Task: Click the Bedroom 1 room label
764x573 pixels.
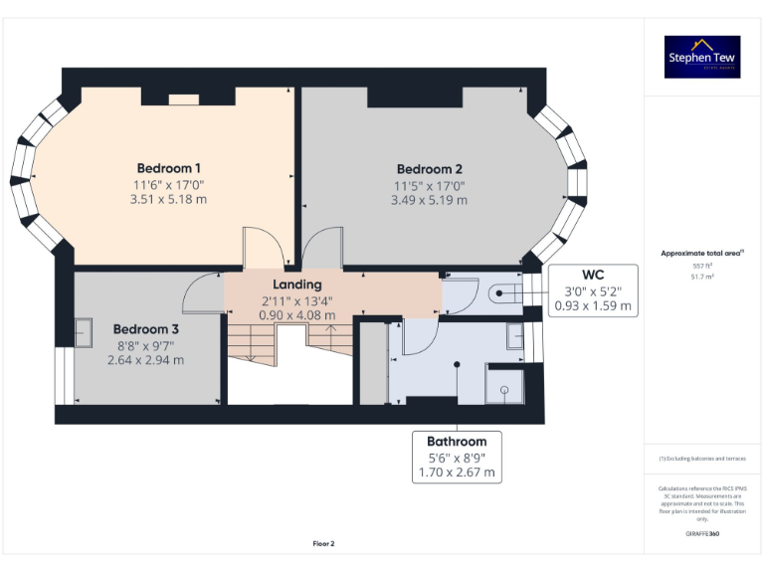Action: [x=169, y=168]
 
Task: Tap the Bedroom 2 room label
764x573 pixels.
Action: [x=429, y=169]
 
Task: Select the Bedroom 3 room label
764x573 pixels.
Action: [x=145, y=329]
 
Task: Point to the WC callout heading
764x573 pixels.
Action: [x=593, y=274]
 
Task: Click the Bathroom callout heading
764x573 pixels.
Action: [x=457, y=442]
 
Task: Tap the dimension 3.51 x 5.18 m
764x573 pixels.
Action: [x=169, y=200]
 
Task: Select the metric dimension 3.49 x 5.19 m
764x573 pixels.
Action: [x=429, y=201]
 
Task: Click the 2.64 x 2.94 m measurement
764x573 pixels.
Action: [x=145, y=360]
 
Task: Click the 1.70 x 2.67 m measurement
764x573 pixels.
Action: [x=457, y=473]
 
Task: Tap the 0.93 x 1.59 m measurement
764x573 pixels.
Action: [x=593, y=305]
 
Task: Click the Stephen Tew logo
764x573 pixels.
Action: [x=702, y=57]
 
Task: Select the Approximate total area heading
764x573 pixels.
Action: [x=702, y=254]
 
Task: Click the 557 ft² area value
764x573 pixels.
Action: [x=702, y=266]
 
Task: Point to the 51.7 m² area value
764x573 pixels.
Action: [x=702, y=277]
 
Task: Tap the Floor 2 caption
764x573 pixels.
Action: [x=323, y=543]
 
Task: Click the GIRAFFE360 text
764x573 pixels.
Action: [x=702, y=535]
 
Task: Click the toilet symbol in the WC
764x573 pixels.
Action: [x=504, y=292]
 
